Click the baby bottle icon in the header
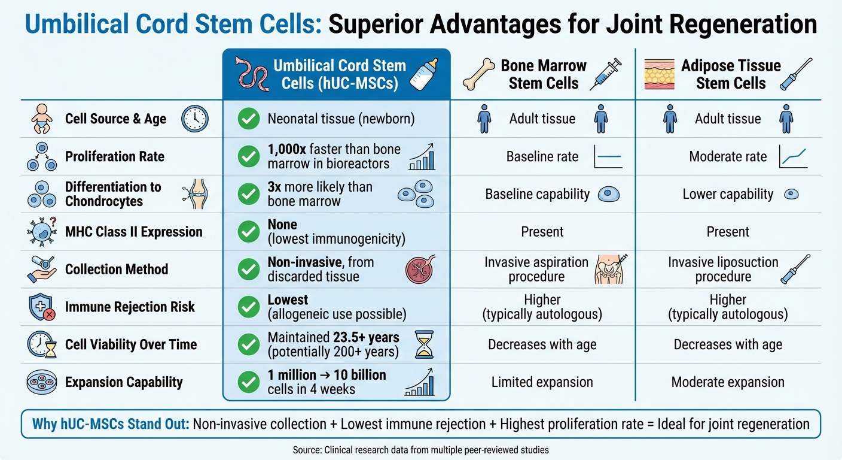click(x=426, y=74)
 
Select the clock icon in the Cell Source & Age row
click(x=194, y=119)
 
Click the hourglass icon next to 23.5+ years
click(x=423, y=344)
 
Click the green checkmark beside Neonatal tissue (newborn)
click(x=248, y=119)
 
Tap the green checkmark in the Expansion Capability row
click(x=248, y=382)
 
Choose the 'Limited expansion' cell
click(x=542, y=382)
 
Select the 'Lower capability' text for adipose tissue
click(x=728, y=194)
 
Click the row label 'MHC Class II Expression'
click(x=134, y=232)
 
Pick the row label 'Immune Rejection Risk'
click(x=130, y=307)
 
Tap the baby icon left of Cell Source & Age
click(x=42, y=119)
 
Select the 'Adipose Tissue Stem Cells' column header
click(x=731, y=74)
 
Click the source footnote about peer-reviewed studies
click(x=420, y=449)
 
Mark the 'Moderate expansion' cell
click(x=728, y=382)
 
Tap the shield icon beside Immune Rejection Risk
click(x=42, y=307)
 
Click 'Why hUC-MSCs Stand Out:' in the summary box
click(x=111, y=424)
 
